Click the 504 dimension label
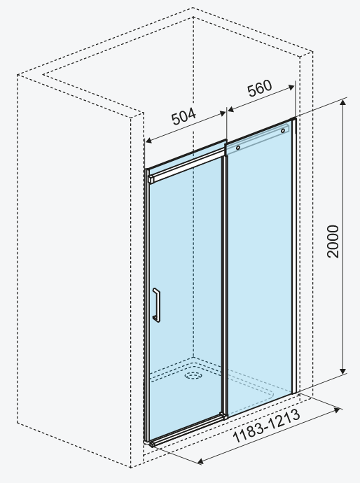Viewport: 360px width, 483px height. tap(184, 116)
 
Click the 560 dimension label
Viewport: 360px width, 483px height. tap(260, 88)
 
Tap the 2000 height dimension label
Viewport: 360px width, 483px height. tap(333, 241)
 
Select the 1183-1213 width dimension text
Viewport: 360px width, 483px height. tap(266, 426)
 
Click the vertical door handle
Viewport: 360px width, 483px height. tap(157, 305)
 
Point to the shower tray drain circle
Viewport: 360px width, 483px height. tap(193, 375)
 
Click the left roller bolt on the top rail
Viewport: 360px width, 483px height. tap(238, 148)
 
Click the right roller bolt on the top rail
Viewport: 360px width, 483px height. tap(283, 131)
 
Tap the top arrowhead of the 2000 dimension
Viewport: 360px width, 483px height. tap(342, 103)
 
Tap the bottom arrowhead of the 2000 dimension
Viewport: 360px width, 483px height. tap(342, 371)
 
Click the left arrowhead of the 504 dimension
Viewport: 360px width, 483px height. tap(148, 141)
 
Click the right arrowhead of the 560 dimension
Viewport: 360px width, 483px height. tap(291, 87)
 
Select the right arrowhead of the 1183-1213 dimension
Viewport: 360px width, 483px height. tap(338, 410)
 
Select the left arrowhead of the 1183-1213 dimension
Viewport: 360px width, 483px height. tap(200, 461)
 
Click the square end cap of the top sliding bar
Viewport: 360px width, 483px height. tap(151, 179)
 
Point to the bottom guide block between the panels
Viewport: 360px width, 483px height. tap(223, 416)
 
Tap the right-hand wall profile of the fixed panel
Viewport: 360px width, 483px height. tap(294, 255)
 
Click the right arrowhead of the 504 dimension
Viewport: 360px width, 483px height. tap(223, 113)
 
